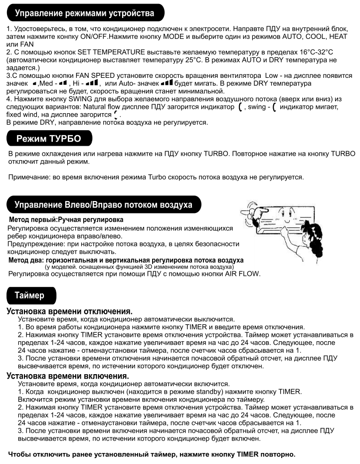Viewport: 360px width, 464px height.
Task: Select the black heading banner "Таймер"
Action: [x=30, y=295]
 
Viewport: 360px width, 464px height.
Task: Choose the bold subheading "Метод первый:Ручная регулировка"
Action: [x=66, y=220]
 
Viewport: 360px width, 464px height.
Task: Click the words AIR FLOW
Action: [x=244, y=273]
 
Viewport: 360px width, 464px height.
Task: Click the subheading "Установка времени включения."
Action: [x=68, y=375]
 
